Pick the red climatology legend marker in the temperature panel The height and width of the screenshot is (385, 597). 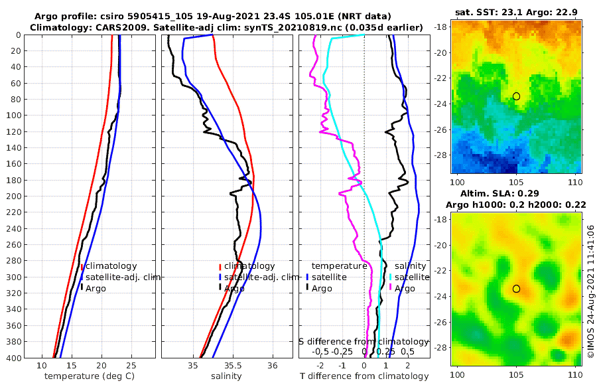82,266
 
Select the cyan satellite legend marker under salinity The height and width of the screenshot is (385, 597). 390,277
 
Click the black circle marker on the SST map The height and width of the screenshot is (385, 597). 516,96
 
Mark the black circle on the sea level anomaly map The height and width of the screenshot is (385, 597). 516,289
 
